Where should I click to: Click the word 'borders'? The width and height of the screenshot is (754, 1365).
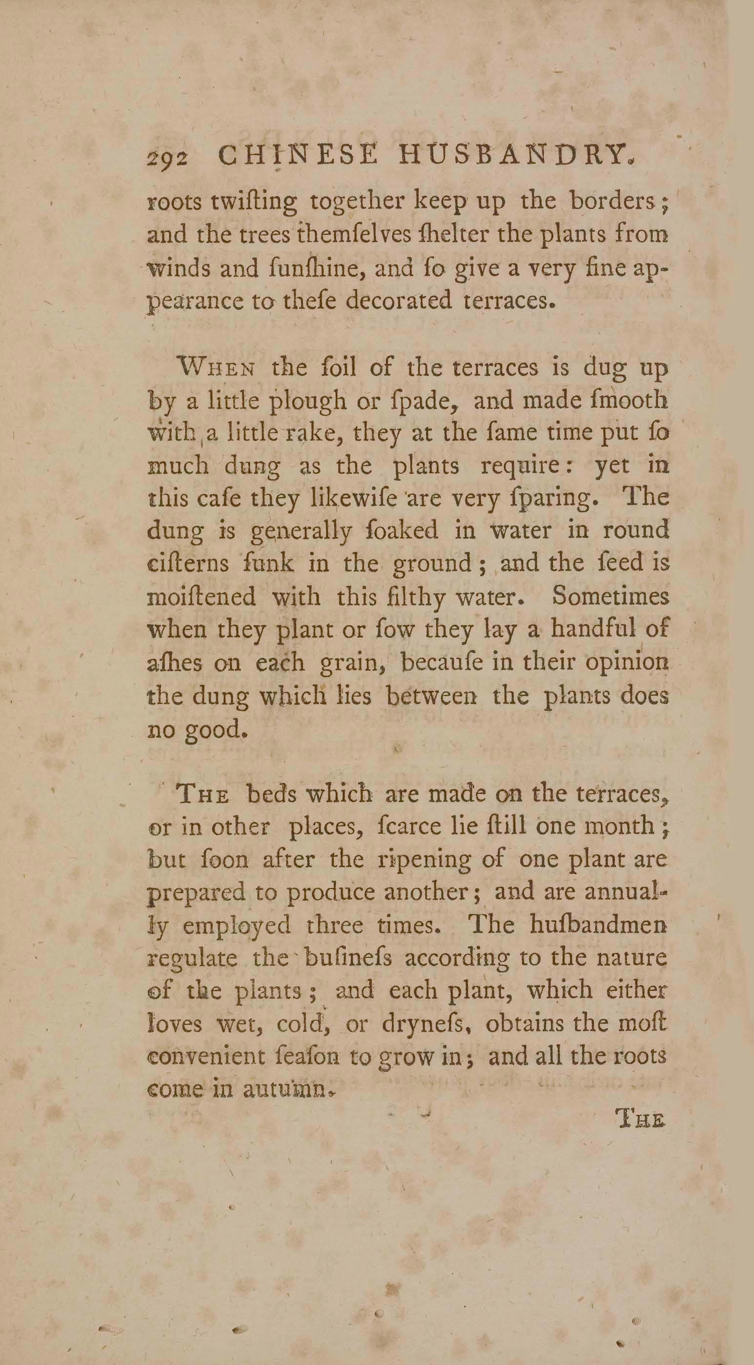point(611,202)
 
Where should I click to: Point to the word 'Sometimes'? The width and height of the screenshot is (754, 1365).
point(610,597)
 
